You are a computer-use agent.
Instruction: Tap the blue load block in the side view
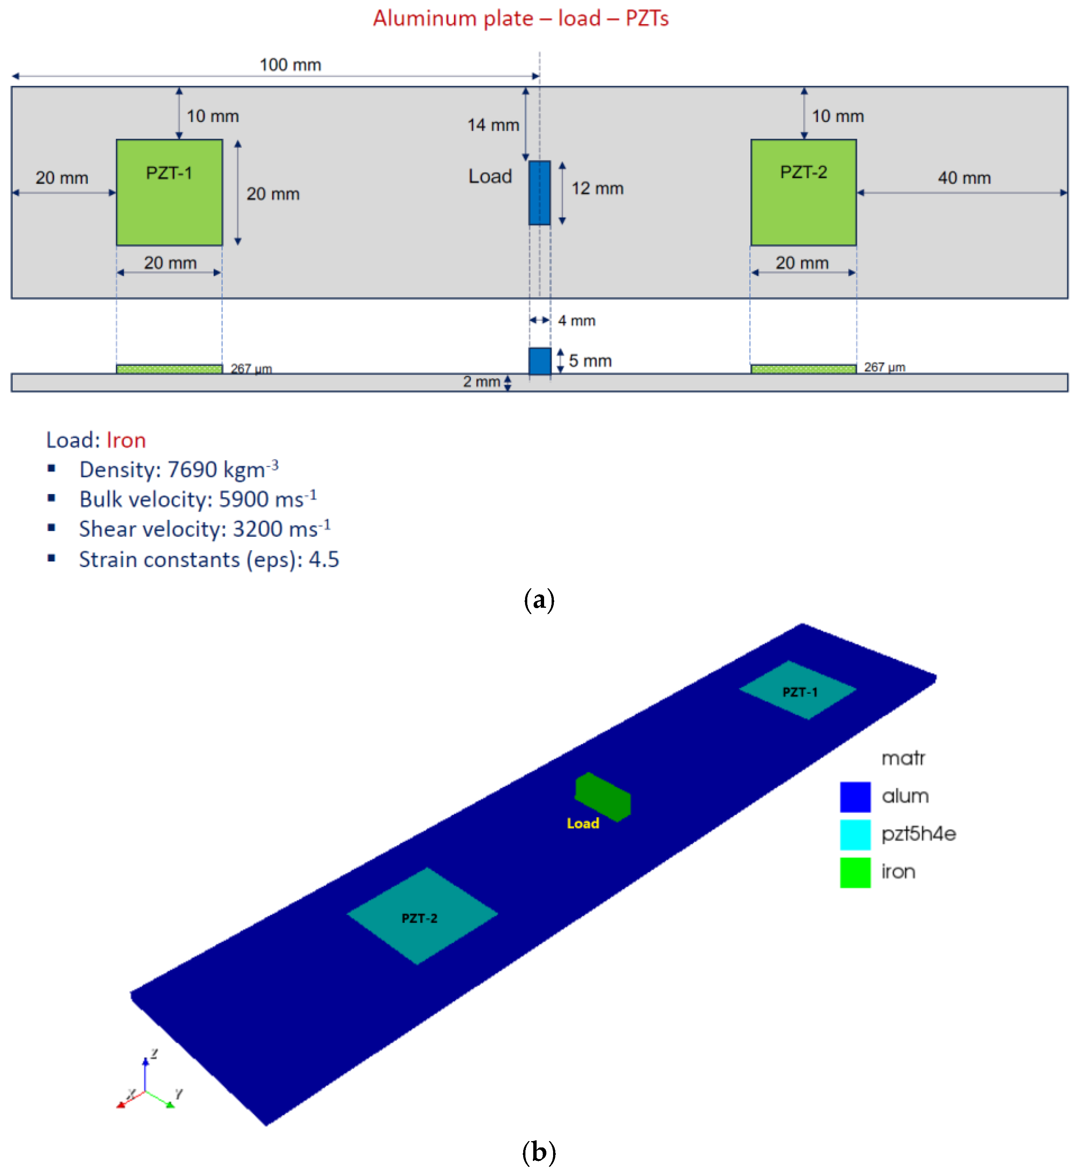(540, 361)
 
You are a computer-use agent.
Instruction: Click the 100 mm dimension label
(290, 65)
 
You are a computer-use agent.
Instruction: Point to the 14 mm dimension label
(493, 125)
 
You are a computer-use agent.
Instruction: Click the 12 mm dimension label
(597, 188)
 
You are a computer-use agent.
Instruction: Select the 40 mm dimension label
(964, 178)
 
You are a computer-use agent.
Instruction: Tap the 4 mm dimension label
(576, 321)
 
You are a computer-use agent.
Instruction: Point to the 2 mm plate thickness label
(481, 382)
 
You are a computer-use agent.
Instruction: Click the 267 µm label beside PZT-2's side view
(884, 367)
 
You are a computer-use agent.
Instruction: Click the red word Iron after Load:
(126, 440)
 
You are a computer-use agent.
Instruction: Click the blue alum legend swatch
(855, 797)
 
